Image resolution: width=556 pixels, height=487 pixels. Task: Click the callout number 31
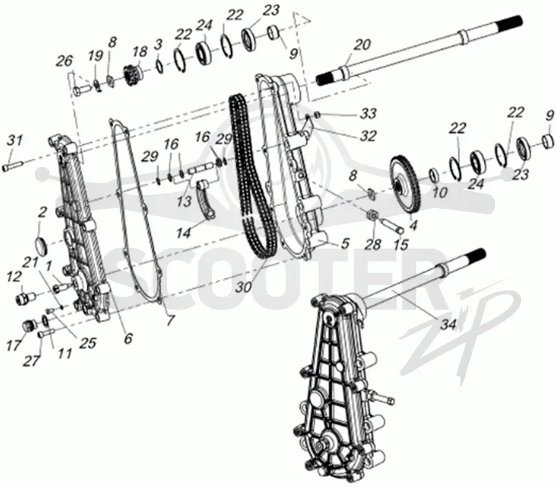[x=15, y=141]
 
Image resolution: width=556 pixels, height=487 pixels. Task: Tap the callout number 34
[x=448, y=324]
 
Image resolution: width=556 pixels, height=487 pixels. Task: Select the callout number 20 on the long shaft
[x=362, y=45]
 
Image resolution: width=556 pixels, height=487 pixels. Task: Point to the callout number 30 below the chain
[x=244, y=287]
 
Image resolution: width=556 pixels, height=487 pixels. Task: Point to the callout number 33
[x=368, y=113]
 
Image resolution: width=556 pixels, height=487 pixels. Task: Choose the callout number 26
[x=64, y=61]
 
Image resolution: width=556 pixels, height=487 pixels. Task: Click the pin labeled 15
[x=391, y=226]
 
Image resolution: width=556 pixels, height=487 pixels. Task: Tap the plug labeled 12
[x=25, y=296]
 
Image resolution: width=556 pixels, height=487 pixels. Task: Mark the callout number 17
[x=14, y=344]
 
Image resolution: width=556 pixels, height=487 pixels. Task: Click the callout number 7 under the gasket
[x=170, y=321]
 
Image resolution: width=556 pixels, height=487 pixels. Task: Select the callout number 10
[x=440, y=193]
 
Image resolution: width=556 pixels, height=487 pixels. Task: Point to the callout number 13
[x=184, y=201]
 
